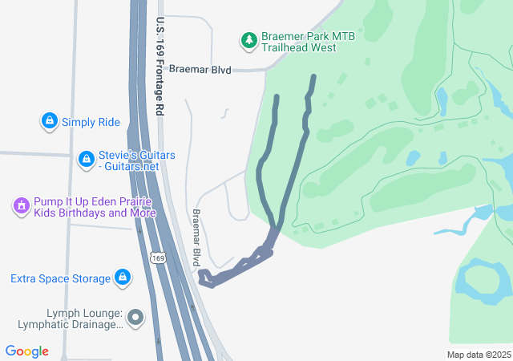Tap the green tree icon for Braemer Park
coord(248,39)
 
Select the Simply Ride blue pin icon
coord(50,122)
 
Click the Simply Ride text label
coord(91,122)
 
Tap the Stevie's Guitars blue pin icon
coord(86,160)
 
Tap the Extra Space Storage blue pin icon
coord(123,278)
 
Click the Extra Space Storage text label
coord(60,279)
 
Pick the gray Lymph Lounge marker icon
coord(135,318)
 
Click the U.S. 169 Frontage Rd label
coord(161,67)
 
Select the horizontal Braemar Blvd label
coord(200,70)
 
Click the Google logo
coord(26,351)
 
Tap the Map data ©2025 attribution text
coord(479,355)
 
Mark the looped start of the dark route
coord(207,278)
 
